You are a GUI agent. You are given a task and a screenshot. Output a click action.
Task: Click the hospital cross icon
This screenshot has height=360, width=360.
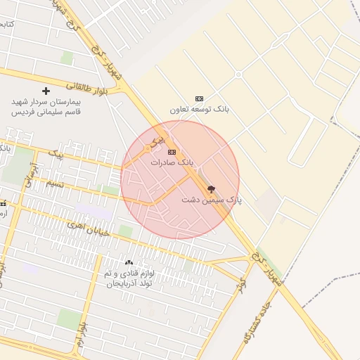tap(46, 91)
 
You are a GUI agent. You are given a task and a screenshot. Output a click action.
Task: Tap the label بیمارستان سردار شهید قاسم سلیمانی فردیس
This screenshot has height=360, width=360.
tap(46, 106)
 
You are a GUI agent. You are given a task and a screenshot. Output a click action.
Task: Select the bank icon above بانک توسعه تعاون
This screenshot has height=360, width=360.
tap(199, 98)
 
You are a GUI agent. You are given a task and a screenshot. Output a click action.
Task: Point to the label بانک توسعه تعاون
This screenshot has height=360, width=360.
tap(200, 110)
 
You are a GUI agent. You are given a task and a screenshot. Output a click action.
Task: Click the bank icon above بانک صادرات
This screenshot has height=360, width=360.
tap(172, 152)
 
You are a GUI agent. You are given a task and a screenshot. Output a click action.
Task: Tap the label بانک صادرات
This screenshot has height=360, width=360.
tap(172, 162)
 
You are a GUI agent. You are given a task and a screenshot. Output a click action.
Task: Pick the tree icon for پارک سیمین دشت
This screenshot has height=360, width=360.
tap(211, 189)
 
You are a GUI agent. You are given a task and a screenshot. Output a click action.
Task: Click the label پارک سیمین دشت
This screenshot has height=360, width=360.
tap(211, 200)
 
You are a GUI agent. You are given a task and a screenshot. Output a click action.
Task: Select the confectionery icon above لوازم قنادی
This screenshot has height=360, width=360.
tap(129, 262)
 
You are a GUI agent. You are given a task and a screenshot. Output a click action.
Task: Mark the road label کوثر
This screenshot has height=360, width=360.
tap(242, 285)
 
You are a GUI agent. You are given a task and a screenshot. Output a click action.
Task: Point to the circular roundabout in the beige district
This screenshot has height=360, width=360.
tap(238, 74)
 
